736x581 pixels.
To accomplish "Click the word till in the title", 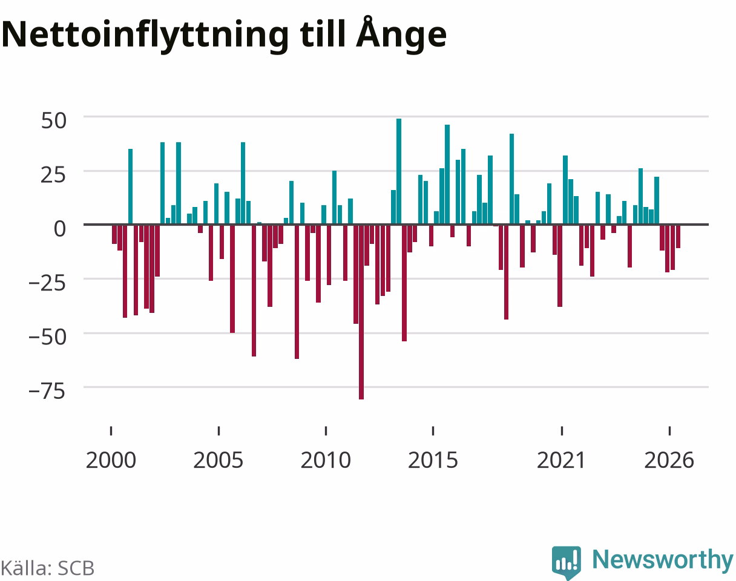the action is pyautogui.click(x=322, y=33).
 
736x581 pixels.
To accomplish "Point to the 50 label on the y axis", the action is pyautogui.click(x=53, y=120).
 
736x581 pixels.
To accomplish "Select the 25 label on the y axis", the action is pyautogui.click(x=53, y=175).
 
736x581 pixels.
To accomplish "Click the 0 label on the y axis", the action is pyautogui.click(x=60, y=229).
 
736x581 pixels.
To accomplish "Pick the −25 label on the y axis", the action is pyautogui.click(x=47, y=283).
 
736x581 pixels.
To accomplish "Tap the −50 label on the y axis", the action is pyautogui.click(x=47, y=337).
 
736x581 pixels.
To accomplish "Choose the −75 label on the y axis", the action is pyautogui.click(x=47, y=391).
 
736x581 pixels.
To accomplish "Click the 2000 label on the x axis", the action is pyautogui.click(x=111, y=461).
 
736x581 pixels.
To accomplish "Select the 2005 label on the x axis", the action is pyautogui.click(x=218, y=461).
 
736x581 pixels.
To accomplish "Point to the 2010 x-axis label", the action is pyautogui.click(x=326, y=461).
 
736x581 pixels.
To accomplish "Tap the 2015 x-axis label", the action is pyautogui.click(x=433, y=461).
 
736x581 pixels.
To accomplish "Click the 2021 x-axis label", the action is pyautogui.click(x=562, y=461).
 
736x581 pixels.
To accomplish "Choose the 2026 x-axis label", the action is pyautogui.click(x=669, y=461).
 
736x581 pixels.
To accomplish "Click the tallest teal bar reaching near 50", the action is pyautogui.click(x=399, y=171).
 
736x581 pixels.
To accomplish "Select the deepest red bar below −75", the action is pyautogui.click(x=361, y=312).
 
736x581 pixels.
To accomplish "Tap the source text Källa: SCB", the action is pyautogui.click(x=48, y=568).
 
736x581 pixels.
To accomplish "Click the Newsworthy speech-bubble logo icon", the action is pyautogui.click(x=567, y=562).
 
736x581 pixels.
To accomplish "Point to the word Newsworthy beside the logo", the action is pyautogui.click(x=663, y=560).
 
